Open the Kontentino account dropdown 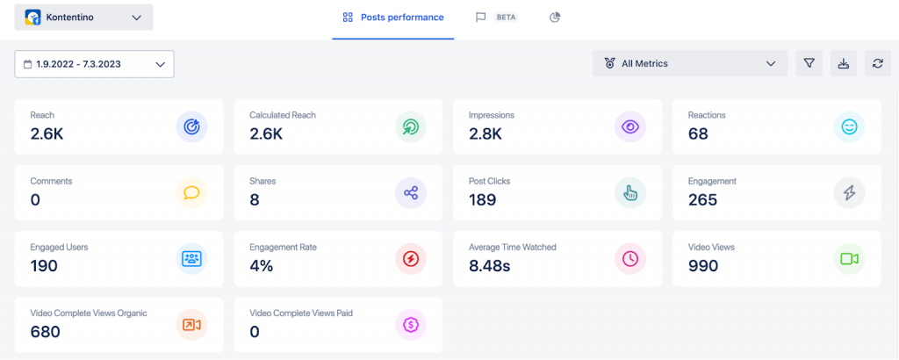tap(83, 18)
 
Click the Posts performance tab tap(392, 18)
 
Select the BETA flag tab tap(496, 18)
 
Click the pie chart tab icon tap(555, 18)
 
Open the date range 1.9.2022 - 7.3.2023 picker tap(94, 64)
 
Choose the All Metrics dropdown tap(689, 63)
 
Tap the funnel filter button tap(809, 63)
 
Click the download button tap(843, 63)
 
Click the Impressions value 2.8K tap(485, 133)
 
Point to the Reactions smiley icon tap(849, 127)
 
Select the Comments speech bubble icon tap(191, 193)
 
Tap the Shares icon tap(410, 193)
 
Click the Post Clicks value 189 tap(482, 199)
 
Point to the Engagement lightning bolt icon tap(849, 193)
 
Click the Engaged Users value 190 tap(44, 265)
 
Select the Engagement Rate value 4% tap(263, 265)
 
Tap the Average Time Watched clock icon tap(629, 259)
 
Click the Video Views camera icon tap(849, 259)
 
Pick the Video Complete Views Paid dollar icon tap(410, 325)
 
